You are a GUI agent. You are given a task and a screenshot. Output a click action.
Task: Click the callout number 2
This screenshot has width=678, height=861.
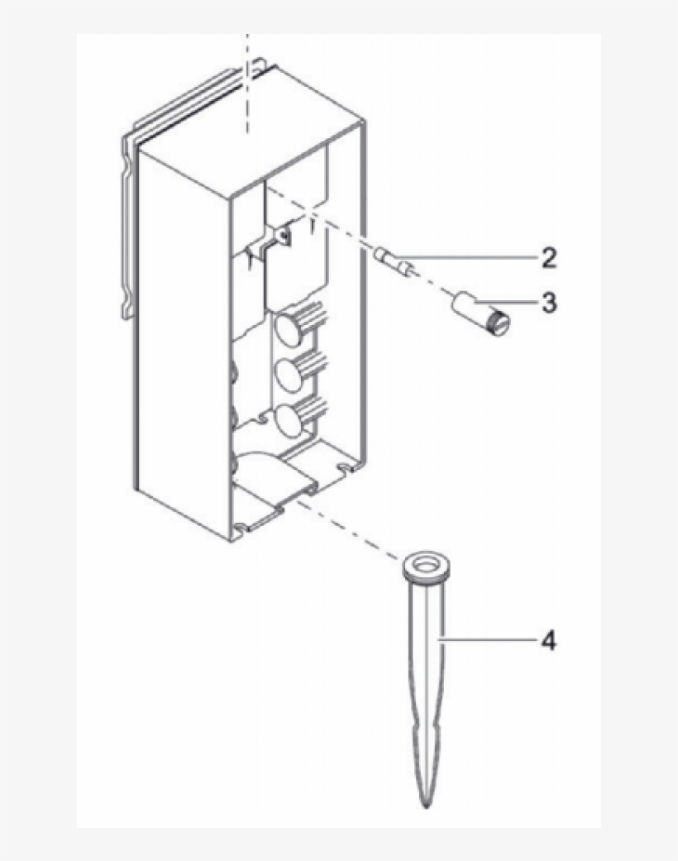pos(548,258)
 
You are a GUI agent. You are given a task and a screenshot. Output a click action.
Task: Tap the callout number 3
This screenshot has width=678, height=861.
pos(548,303)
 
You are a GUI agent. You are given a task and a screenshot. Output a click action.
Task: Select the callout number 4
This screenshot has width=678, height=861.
pos(548,640)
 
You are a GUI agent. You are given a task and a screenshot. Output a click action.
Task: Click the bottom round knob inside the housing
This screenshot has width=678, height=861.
pos(289,420)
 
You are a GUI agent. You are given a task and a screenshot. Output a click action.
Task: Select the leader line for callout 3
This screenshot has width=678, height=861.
pos(516,303)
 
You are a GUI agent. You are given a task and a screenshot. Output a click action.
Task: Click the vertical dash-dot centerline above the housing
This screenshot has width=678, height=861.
pos(246,83)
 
